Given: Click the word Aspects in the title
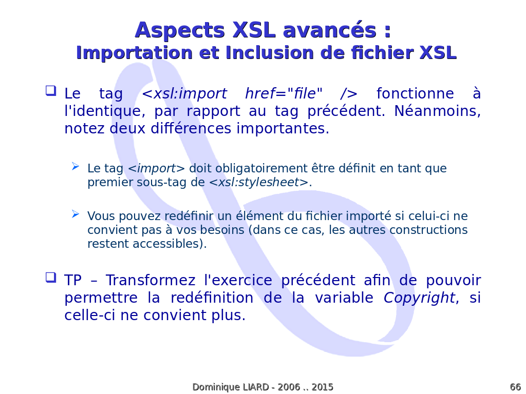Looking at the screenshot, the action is (180, 31).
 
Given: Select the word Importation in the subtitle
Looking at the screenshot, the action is (134, 53).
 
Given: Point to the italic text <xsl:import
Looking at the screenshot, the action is (184, 93).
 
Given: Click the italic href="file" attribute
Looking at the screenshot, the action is (284, 93).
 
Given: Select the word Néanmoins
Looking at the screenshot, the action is (438, 111).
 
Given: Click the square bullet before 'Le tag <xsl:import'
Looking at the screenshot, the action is (51, 91).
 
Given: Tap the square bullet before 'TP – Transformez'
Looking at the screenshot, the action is (51, 278).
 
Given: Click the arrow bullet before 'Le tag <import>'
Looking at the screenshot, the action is (76, 166).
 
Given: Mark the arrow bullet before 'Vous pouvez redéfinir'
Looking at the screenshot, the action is (76, 214).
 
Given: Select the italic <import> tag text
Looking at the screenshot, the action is (157, 168).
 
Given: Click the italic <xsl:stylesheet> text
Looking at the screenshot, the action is (259, 182).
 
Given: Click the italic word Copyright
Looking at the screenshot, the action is (419, 298).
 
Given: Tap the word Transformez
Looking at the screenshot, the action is (151, 280).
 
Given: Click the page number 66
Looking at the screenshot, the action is (515, 387).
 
